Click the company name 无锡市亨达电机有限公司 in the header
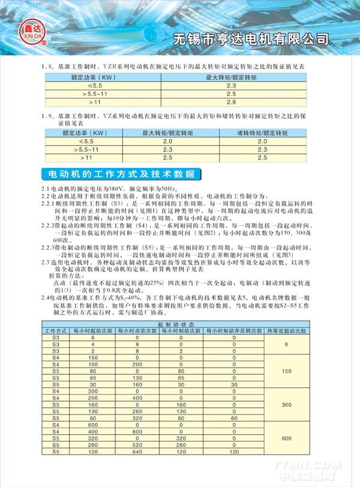251,40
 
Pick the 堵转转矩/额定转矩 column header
262,133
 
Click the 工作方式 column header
56,330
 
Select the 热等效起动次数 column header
286,330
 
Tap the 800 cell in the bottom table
137,431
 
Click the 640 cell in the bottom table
137,451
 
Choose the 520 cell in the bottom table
137,444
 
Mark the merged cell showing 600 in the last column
286,438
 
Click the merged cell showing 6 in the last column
286,344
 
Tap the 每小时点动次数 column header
137,330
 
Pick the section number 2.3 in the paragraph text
46,262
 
